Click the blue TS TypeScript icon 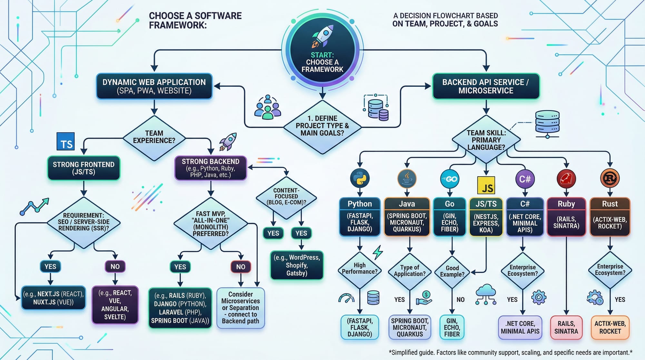click(65, 142)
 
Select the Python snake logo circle click(360, 178)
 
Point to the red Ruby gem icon click(566, 179)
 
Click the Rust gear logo click(610, 178)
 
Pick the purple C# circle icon click(525, 179)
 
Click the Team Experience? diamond click(154, 137)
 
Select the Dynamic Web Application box click(154, 86)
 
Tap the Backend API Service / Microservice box click(486, 86)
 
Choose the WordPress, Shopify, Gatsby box click(297, 265)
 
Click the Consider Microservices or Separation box click(241, 308)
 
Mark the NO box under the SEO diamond click(115, 266)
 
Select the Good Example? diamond click(452, 271)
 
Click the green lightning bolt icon click(378, 252)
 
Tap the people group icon click(268, 107)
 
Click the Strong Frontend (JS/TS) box click(84, 168)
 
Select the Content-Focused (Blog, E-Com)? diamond click(286, 197)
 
